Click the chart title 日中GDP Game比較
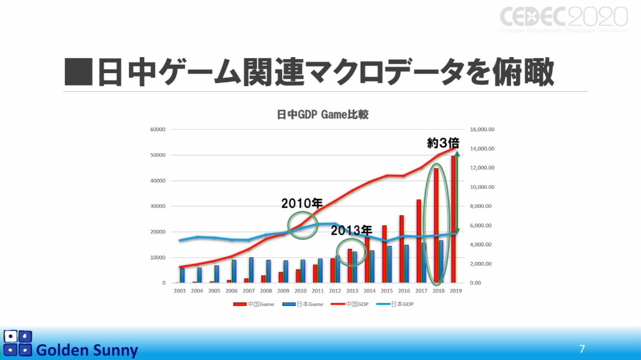(x=322, y=115)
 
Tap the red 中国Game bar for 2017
(x=419, y=241)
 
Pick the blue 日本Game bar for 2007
(x=251, y=270)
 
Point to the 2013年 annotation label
(x=351, y=230)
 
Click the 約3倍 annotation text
(x=443, y=143)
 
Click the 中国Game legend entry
(x=254, y=304)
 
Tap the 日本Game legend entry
(x=303, y=304)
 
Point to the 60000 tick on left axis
(x=158, y=129)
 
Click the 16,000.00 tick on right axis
(x=482, y=129)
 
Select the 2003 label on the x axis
(x=180, y=291)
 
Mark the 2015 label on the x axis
(x=386, y=291)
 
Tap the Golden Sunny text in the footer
(x=87, y=350)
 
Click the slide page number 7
(x=582, y=349)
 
